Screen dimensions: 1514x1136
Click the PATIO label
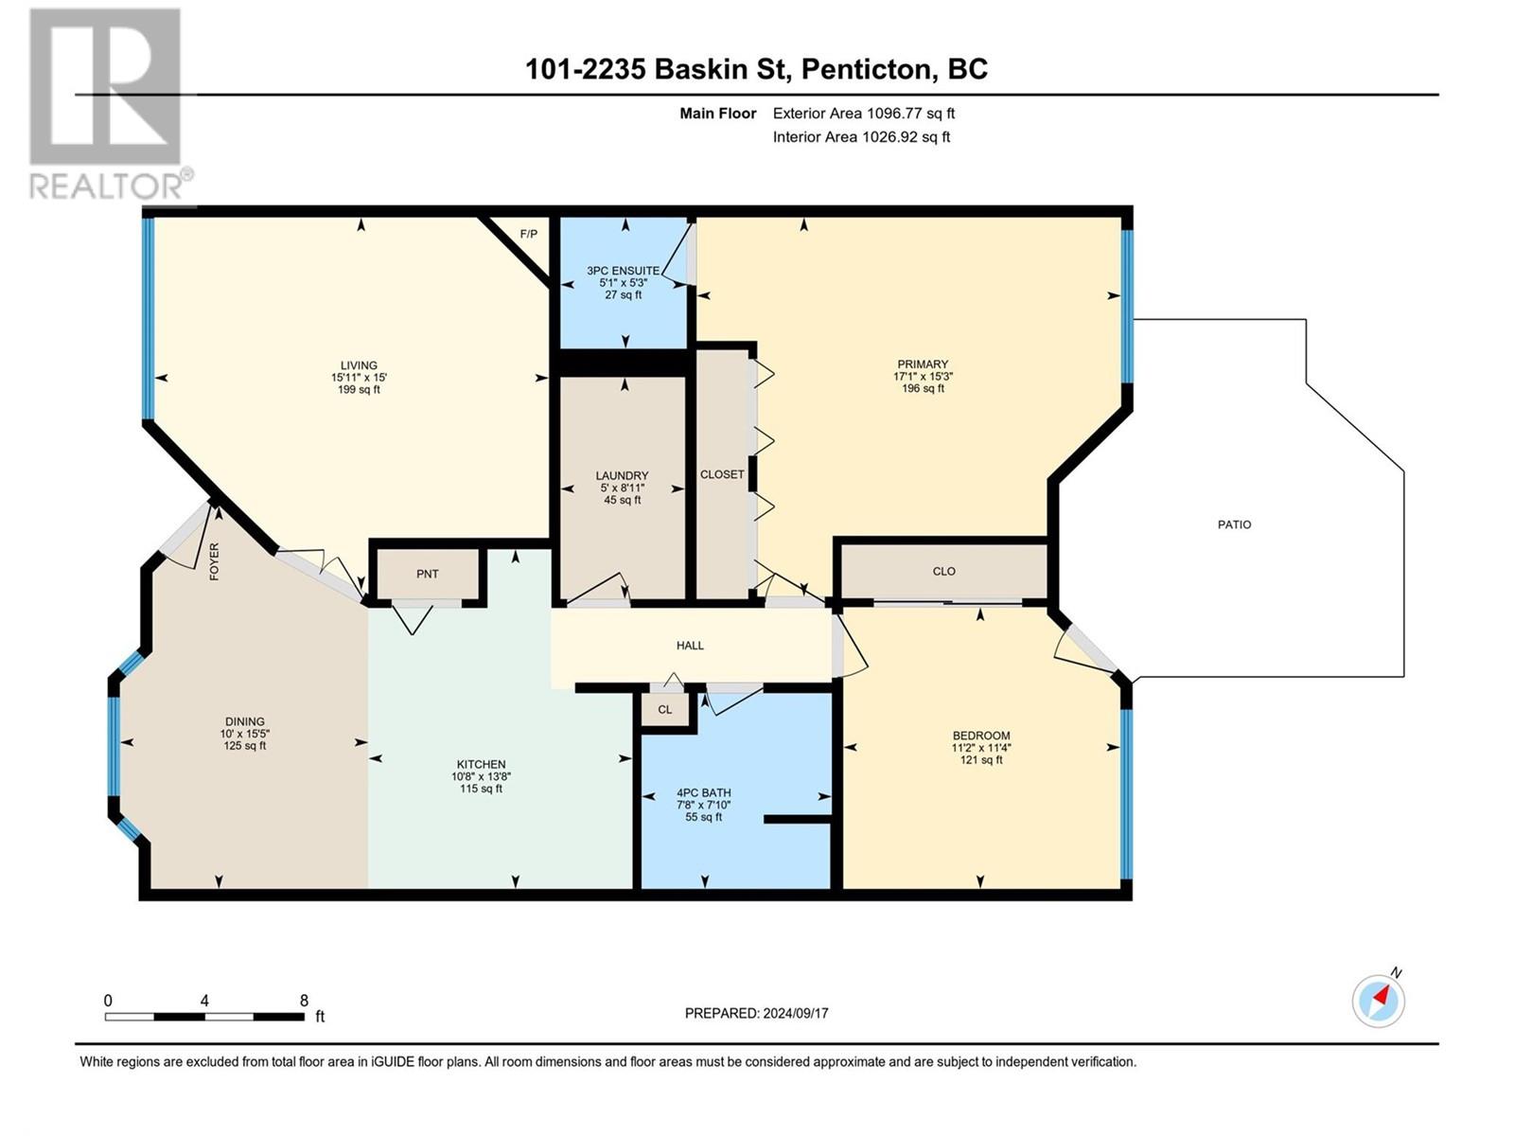[x=1234, y=524]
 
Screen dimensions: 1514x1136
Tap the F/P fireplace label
[x=528, y=234]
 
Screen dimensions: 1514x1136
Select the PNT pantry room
[x=428, y=574]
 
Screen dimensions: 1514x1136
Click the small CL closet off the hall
[x=665, y=709]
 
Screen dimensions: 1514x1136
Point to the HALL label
[x=690, y=646]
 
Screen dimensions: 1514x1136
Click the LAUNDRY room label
[x=622, y=476]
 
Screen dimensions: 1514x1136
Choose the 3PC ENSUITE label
[x=623, y=271]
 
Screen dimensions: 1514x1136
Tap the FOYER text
[x=214, y=561]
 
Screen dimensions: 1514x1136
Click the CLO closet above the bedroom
[x=944, y=571]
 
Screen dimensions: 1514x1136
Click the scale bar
[x=204, y=1017]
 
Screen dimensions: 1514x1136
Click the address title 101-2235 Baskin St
[x=757, y=69]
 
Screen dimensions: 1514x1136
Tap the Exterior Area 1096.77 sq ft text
[x=864, y=113]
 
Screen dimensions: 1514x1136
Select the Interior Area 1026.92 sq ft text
[x=861, y=136]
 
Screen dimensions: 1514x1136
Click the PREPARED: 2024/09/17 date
[x=757, y=1013]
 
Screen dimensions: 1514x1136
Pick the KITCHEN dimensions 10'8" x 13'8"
[x=482, y=776]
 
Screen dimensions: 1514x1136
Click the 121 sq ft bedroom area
[x=981, y=759]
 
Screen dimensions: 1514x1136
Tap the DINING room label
[x=245, y=721]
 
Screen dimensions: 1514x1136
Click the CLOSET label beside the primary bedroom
[x=722, y=474]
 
